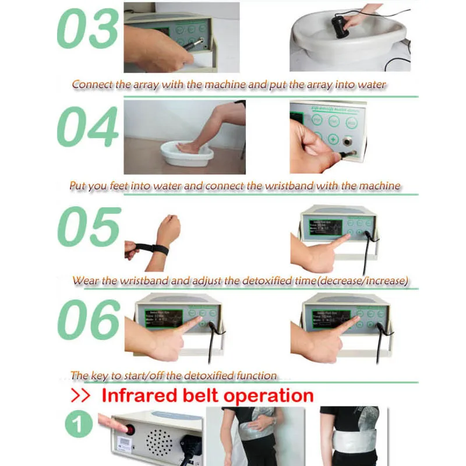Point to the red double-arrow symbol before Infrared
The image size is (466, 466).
pos(81,396)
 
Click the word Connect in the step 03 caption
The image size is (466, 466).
pos(93,85)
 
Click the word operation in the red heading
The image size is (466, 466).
pos(266,396)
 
